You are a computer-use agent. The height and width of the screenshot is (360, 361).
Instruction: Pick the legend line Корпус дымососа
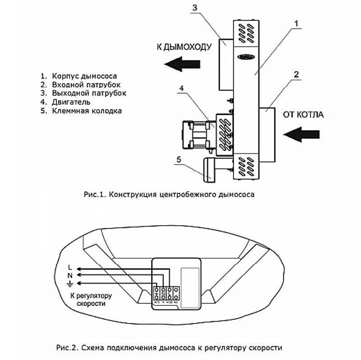(81, 76)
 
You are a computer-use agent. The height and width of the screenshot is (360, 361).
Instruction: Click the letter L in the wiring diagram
(69, 266)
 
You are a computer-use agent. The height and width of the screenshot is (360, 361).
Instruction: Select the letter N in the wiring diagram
(69, 274)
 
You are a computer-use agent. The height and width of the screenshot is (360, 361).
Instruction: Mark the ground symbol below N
(69, 283)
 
